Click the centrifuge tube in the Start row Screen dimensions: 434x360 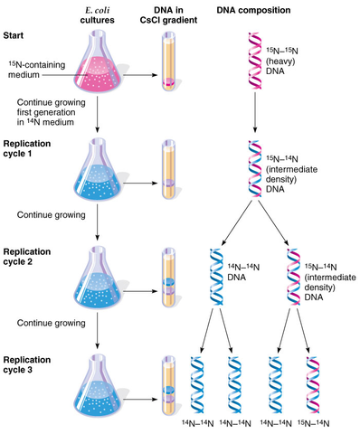(167, 63)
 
